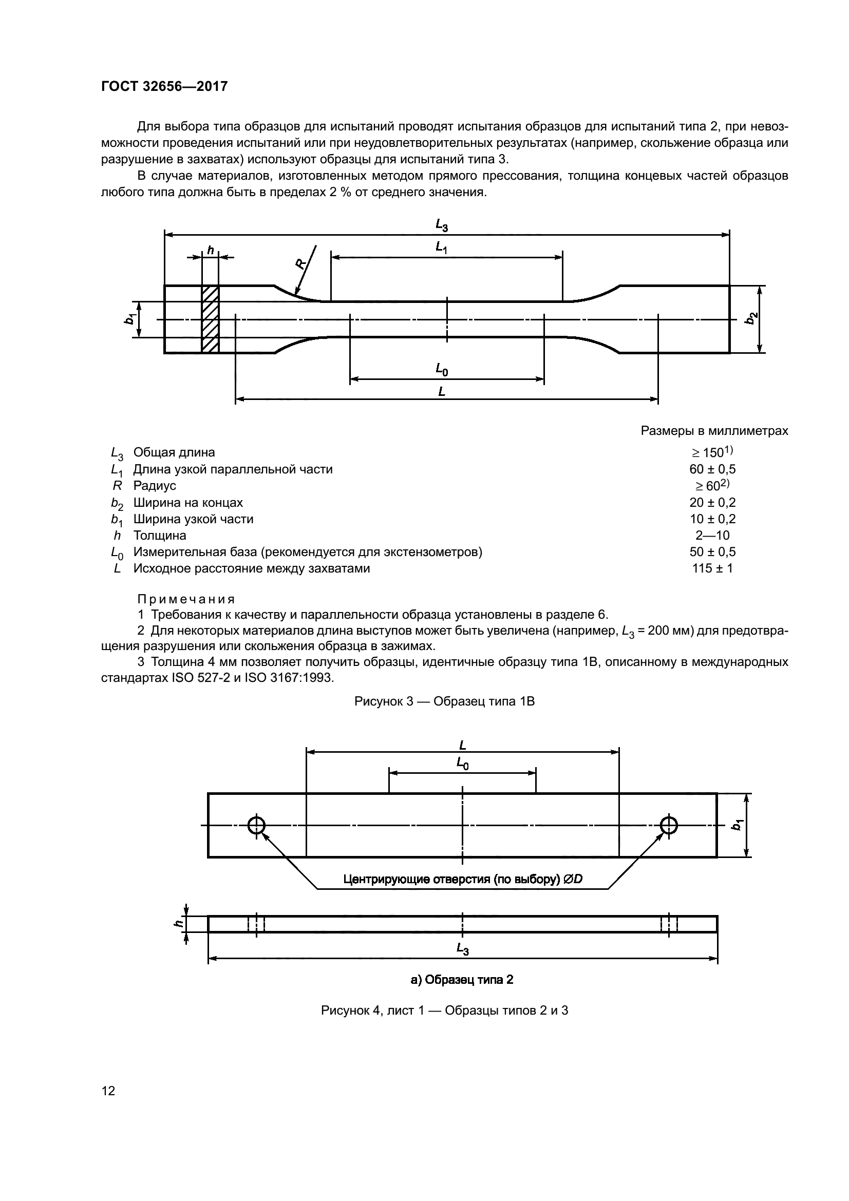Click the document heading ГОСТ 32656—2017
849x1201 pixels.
[164, 86]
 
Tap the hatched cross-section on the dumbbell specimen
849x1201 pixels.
[210, 318]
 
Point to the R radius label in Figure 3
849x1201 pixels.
[301, 263]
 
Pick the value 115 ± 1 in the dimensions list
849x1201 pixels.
[712, 568]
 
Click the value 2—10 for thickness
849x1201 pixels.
[712, 535]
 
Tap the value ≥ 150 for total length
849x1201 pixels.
[712, 452]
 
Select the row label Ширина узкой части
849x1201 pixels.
[193, 519]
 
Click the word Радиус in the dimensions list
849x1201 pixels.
[154, 485]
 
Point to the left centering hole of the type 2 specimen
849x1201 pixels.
[256, 826]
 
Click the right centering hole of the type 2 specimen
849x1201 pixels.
[669, 826]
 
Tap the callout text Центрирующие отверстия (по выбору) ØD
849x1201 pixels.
[462, 879]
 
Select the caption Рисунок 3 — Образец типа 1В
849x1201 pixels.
[444, 701]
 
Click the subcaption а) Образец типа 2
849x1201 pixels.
[462, 980]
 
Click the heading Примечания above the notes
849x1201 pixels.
[186, 599]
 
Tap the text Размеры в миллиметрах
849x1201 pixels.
[714, 431]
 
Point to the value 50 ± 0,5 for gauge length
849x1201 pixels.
[712, 552]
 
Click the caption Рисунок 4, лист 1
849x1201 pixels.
[444, 1011]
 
